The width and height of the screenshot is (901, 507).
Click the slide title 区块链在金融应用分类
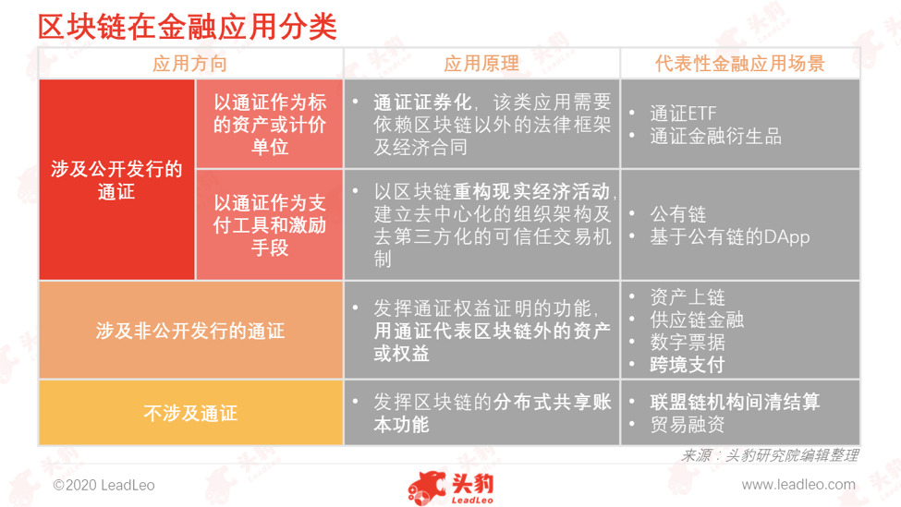click(188, 27)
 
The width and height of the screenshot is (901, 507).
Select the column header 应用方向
click(190, 63)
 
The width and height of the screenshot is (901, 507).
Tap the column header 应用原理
click(481, 63)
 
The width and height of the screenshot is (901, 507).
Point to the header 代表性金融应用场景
click(740, 63)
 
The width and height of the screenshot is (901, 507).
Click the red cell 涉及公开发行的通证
click(116, 180)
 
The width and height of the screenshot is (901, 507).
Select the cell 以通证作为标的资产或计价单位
click(270, 124)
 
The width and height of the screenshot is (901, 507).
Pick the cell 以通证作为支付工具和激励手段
click(270, 224)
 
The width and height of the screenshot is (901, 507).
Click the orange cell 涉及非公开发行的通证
click(190, 331)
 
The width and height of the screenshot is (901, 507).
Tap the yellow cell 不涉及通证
click(190, 413)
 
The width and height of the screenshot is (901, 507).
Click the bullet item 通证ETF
click(683, 113)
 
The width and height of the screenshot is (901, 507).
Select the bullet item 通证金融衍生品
click(716, 136)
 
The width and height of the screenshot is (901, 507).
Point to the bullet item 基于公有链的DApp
click(730, 236)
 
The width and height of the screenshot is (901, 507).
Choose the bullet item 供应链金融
click(697, 320)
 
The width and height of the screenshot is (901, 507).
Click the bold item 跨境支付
click(688, 365)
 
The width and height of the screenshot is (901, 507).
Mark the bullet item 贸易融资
click(688, 424)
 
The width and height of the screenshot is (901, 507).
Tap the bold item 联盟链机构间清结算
click(735, 402)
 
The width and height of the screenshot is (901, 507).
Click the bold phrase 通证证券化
click(422, 103)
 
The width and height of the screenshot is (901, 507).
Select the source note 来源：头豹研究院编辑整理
click(770, 455)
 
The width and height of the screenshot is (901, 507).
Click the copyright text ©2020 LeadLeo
click(104, 485)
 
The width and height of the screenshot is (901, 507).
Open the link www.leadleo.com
click(798, 485)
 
